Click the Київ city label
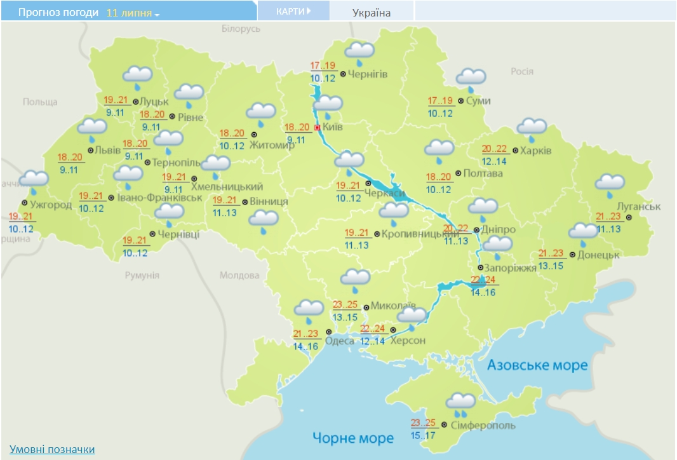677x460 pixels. tap(333, 127)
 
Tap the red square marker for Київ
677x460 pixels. tap(318, 128)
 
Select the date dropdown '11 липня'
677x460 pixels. tap(133, 13)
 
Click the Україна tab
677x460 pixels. tap(372, 13)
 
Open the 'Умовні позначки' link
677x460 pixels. tap(52, 449)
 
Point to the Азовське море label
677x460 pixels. tap(537, 365)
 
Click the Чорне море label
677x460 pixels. tap(353, 438)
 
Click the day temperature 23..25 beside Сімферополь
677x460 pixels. tap(423, 423)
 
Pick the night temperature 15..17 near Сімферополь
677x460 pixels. tap(423, 436)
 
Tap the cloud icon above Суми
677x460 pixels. tap(471, 78)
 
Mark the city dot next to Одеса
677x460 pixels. tap(328, 332)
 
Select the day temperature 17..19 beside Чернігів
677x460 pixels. tap(323, 65)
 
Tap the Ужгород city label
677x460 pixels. tap(51, 204)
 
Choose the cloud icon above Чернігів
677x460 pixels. tap(359, 53)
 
